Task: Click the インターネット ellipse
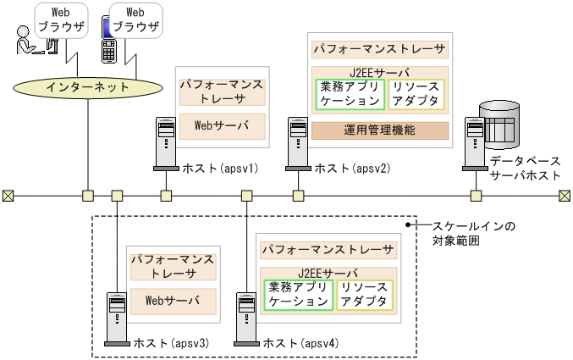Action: [88, 86]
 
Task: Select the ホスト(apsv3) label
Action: [171, 343]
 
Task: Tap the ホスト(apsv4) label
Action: [301, 343]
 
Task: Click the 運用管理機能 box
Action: [380, 130]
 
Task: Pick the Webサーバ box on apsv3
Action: [173, 300]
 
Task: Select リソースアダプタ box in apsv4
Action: [364, 294]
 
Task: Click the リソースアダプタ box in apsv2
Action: [416, 94]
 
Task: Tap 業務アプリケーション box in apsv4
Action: [298, 294]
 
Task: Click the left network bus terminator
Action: [8, 196]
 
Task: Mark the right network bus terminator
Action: [565, 196]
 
